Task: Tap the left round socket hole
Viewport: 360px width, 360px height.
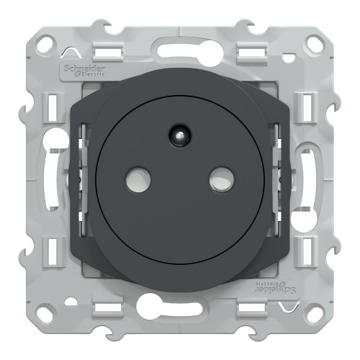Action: (138, 179)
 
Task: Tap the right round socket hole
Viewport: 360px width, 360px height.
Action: (222, 179)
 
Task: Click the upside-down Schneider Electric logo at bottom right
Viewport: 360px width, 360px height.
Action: (275, 287)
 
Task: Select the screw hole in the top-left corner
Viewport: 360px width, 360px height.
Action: (46, 43)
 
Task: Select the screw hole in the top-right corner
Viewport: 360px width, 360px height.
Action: (314, 43)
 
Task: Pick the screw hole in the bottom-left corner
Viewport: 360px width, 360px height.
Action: (45, 314)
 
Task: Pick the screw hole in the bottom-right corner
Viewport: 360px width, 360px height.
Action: (314, 314)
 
